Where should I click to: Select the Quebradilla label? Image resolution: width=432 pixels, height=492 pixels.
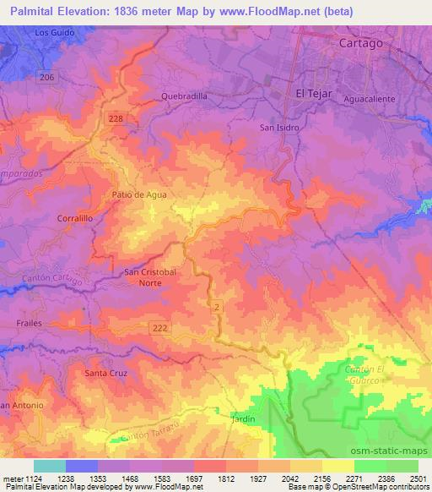pos(183,96)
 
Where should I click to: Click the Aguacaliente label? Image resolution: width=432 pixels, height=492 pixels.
pos(370,98)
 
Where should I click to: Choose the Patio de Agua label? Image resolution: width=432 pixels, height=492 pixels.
pos(139,194)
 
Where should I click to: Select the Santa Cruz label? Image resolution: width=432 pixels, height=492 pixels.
pos(106,372)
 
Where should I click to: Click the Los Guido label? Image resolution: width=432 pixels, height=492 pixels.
pos(55,32)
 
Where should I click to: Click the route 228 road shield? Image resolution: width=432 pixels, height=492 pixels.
pos(116,118)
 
